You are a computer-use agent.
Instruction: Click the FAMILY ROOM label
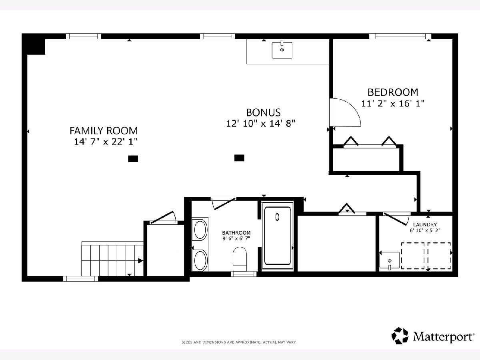tap(104, 131)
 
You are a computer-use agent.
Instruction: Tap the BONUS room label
tap(263, 112)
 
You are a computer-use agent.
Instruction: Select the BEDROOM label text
tap(393, 92)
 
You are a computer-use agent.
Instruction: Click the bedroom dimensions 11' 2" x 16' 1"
tap(393, 103)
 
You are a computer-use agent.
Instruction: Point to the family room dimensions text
tap(106, 142)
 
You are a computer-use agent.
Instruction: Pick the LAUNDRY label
tap(425, 224)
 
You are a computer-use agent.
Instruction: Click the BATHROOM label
tap(236, 232)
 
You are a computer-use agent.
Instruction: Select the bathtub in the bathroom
tap(278, 236)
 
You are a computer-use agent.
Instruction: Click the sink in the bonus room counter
tap(282, 50)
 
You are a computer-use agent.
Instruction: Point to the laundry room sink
tap(390, 260)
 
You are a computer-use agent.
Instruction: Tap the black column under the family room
tap(133, 159)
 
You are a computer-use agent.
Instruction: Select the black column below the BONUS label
tap(239, 158)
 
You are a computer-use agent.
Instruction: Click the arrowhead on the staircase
tap(141, 260)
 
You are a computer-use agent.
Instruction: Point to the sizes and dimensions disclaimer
tap(239, 342)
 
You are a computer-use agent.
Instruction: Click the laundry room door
tap(395, 219)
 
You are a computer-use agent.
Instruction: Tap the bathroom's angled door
tap(225, 204)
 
